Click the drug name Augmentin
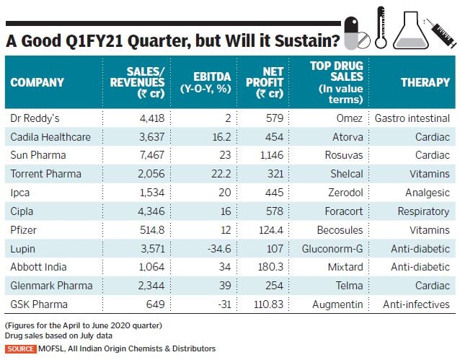tap(337, 304)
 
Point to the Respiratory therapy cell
tap(423, 211)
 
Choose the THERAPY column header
tap(425, 82)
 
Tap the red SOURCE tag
tap(20, 349)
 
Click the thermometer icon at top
tap(381, 29)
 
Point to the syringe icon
tap(441, 30)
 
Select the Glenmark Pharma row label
tap(48, 286)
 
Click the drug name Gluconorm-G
tap(341, 248)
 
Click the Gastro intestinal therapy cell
tap(412, 117)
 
